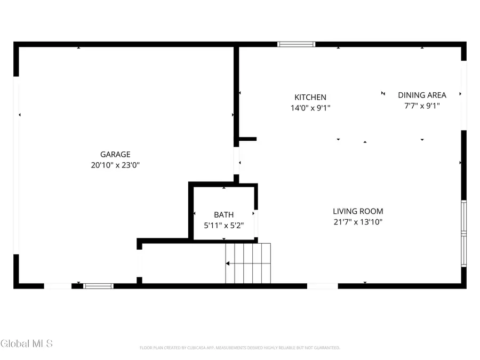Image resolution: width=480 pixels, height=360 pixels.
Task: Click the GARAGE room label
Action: [115, 155]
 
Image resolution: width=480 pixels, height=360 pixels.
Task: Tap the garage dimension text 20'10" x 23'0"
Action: [115, 165]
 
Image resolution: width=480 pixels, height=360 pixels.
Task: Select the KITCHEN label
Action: [310, 97]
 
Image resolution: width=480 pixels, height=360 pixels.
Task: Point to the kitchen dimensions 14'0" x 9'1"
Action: [310, 108]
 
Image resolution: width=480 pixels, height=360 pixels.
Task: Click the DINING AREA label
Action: [422, 95]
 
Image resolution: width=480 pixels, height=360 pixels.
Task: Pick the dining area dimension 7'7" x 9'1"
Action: [422, 106]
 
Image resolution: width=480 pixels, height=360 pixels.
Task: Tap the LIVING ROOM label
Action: [358, 211]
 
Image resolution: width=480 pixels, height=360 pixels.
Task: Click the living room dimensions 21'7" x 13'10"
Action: [358, 222]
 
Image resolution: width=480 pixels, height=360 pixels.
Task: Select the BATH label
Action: [223, 215]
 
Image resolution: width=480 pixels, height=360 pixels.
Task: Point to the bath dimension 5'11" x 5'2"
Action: [223, 226]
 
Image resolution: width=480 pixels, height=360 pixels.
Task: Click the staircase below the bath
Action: [247, 263]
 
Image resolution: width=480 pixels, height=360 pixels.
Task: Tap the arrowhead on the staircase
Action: [228, 263]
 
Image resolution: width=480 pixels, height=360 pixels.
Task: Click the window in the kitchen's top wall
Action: [296, 44]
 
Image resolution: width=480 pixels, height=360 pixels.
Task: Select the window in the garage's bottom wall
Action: [99, 286]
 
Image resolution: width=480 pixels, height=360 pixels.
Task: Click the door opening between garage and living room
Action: [236, 161]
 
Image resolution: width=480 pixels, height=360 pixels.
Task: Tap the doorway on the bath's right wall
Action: [255, 224]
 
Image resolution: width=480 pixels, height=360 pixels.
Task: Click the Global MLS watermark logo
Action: [27, 343]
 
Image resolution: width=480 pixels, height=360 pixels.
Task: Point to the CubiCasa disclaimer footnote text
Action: [239, 348]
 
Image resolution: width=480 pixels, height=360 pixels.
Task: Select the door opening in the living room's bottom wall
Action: [322, 286]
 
